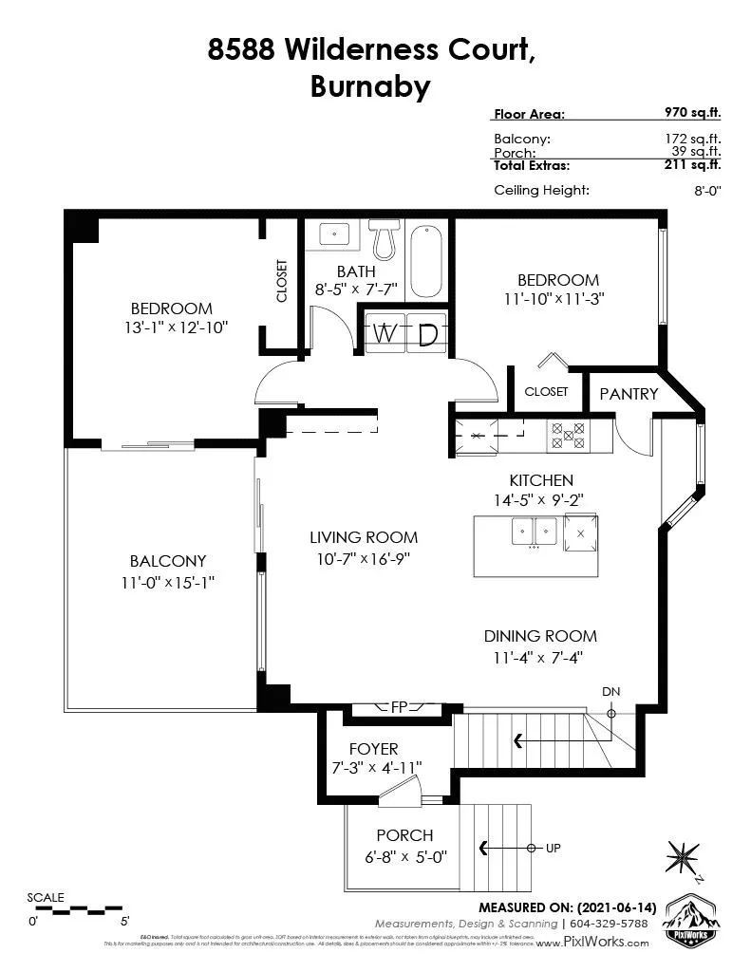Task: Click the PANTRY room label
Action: pos(629,393)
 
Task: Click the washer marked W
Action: pos(384,334)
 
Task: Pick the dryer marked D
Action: pos(427,334)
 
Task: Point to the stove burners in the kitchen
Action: pos(567,436)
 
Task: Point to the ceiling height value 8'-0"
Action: pos(707,191)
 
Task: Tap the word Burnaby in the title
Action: pos(370,86)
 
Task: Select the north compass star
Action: pos(684,855)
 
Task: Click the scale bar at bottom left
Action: pos(77,909)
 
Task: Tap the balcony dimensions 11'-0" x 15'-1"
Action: pos(168,583)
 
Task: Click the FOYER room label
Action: pos(373,749)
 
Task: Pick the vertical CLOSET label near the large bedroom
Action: pos(282,281)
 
